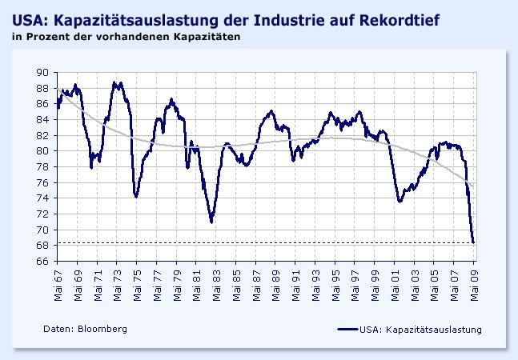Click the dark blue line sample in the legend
pos(347,329)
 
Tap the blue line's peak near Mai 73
pos(116,82)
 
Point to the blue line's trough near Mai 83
pos(211,222)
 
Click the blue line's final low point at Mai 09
pos(474,242)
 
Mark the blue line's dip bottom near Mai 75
pos(136,196)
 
